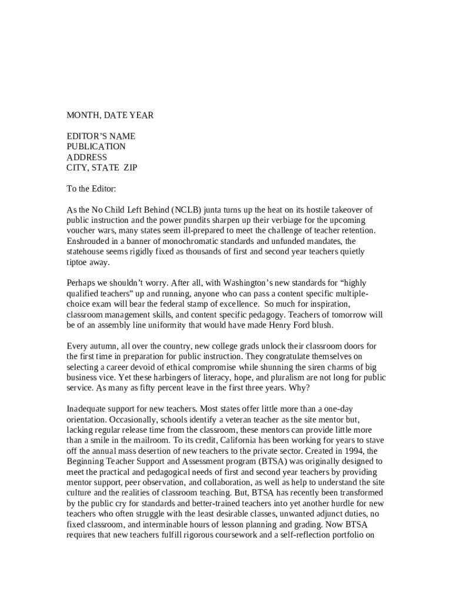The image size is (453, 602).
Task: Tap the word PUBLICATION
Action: coord(96,146)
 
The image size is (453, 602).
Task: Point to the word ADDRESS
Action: coord(86,157)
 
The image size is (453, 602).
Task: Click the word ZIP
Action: coord(130,168)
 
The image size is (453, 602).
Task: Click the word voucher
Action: coord(82,231)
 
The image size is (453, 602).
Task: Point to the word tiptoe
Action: coord(78,263)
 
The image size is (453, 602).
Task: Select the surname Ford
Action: coord(301,325)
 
